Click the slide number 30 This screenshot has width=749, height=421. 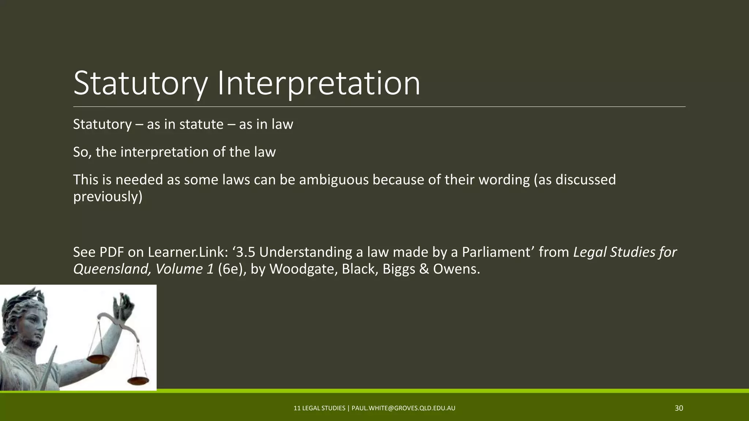(679, 408)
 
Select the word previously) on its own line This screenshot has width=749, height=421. (108, 197)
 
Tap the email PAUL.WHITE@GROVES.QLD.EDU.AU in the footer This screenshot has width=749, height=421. (403, 408)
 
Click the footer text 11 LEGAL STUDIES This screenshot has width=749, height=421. (319, 408)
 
